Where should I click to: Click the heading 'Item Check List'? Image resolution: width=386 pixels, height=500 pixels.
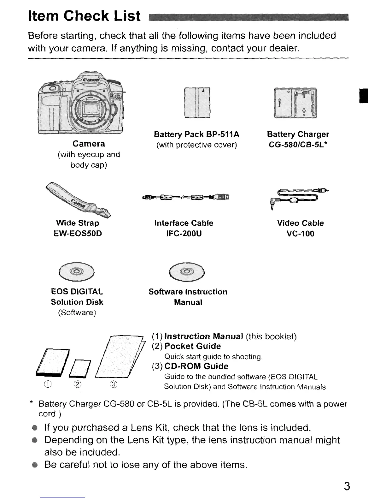pyautogui.click(x=84, y=16)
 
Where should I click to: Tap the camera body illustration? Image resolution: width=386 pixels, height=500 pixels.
pyautogui.click(x=81, y=104)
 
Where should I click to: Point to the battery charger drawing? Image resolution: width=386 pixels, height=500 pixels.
pyautogui.click(x=295, y=103)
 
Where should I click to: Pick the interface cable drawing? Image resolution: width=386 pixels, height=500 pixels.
pyautogui.click(x=186, y=197)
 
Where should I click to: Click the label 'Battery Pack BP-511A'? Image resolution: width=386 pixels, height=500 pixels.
pyautogui.click(x=196, y=134)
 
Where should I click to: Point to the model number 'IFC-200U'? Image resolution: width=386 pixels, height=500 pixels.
pyautogui.click(x=184, y=234)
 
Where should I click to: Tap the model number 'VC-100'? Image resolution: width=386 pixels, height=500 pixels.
pyautogui.click(x=300, y=234)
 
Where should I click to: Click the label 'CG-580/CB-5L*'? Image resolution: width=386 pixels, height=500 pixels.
pyautogui.click(x=298, y=145)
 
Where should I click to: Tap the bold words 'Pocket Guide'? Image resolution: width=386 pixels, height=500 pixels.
pyautogui.click(x=192, y=346)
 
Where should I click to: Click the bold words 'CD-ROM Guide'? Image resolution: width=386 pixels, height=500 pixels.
pyautogui.click(x=196, y=366)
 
